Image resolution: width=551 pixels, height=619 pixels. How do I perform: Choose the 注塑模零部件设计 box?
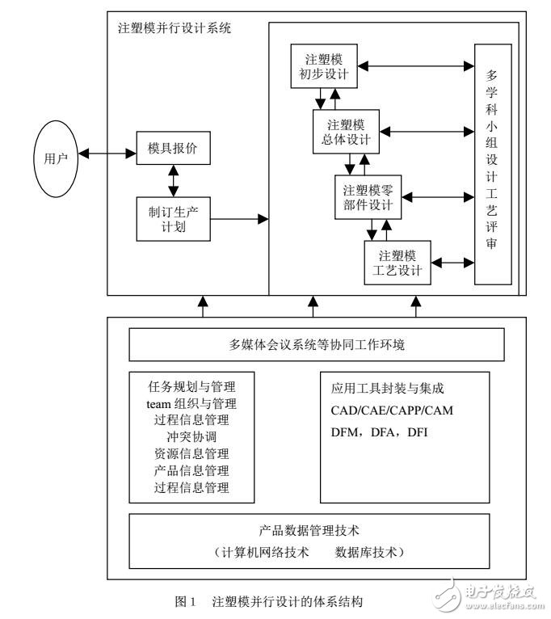click(x=368, y=197)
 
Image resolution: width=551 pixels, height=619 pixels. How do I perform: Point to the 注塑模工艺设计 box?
click(x=396, y=262)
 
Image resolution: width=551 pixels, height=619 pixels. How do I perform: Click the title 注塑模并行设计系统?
click(x=174, y=28)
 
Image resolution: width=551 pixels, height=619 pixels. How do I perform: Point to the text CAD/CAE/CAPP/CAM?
click(x=392, y=411)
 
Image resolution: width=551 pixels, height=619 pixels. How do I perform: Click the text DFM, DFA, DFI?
click(x=380, y=432)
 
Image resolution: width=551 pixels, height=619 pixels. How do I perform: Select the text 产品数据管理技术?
click(x=315, y=531)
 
